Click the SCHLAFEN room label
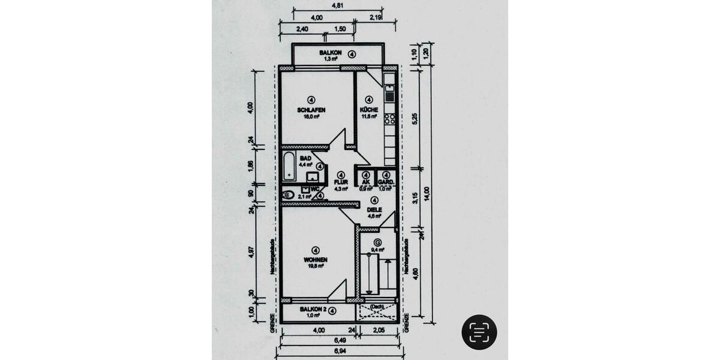[311, 110]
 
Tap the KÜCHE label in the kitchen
[368, 110]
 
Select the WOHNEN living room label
[316, 260]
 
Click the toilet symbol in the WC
[287, 194]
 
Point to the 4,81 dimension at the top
[338, 5]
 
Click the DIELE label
[374, 209]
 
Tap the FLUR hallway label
[341, 181]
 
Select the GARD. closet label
[385, 181]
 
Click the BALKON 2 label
[313, 310]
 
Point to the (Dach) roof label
[376, 306]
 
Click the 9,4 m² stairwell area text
[377, 249]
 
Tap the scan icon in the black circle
[479, 332]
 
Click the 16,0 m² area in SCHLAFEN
[311, 117]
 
